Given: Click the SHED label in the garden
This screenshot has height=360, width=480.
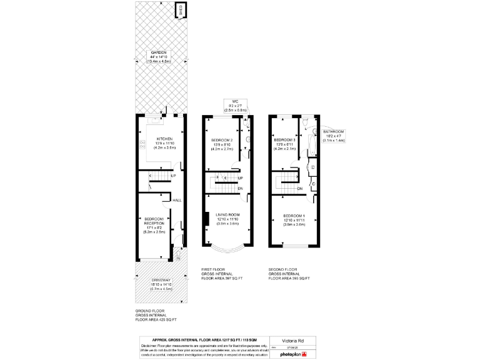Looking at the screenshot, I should click(x=181, y=10).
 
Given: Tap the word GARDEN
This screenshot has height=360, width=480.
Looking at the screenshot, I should click(x=158, y=52).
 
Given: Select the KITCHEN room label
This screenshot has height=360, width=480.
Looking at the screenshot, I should click(x=164, y=139).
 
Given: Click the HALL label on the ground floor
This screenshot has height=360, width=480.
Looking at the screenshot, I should click(x=177, y=200).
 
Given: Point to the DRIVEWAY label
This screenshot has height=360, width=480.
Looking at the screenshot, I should click(x=161, y=279).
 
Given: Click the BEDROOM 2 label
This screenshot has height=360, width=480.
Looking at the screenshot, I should click(x=222, y=139).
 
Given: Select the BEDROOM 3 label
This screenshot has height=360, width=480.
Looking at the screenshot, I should click(x=285, y=139).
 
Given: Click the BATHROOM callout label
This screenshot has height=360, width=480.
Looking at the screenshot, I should click(x=334, y=131).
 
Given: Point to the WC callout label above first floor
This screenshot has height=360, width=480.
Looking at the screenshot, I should click(x=236, y=101).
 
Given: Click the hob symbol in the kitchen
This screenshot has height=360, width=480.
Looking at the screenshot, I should click(x=142, y=145).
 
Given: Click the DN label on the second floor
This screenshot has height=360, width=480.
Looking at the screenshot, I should click(x=300, y=189).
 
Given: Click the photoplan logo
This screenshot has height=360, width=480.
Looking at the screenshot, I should click(x=294, y=354).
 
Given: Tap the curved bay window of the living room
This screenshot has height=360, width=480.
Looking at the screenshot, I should click(x=227, y=251).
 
